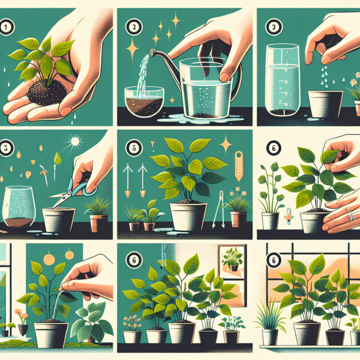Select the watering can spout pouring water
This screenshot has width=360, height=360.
point(153,52)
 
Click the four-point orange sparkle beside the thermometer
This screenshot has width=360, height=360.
point(226,143)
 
